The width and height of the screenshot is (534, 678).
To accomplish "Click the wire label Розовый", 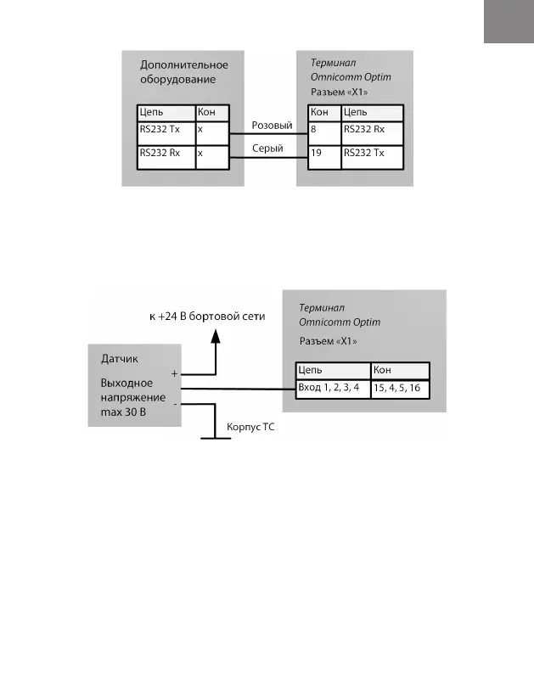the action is tap(272, 126).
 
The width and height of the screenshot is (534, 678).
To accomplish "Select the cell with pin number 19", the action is tap(323, 154).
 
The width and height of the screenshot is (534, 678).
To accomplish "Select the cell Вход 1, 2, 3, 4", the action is tap(332, 387).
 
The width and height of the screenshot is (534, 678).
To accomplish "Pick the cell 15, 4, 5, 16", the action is tap(399, 387).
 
